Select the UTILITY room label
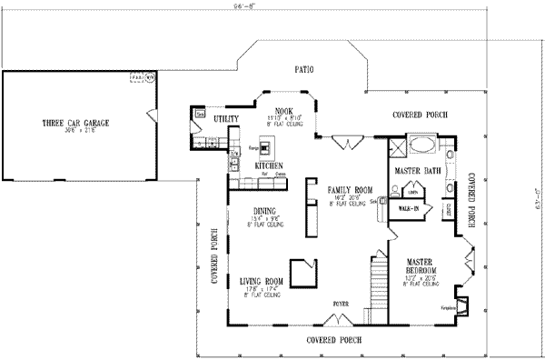click(x=226, y=119)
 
